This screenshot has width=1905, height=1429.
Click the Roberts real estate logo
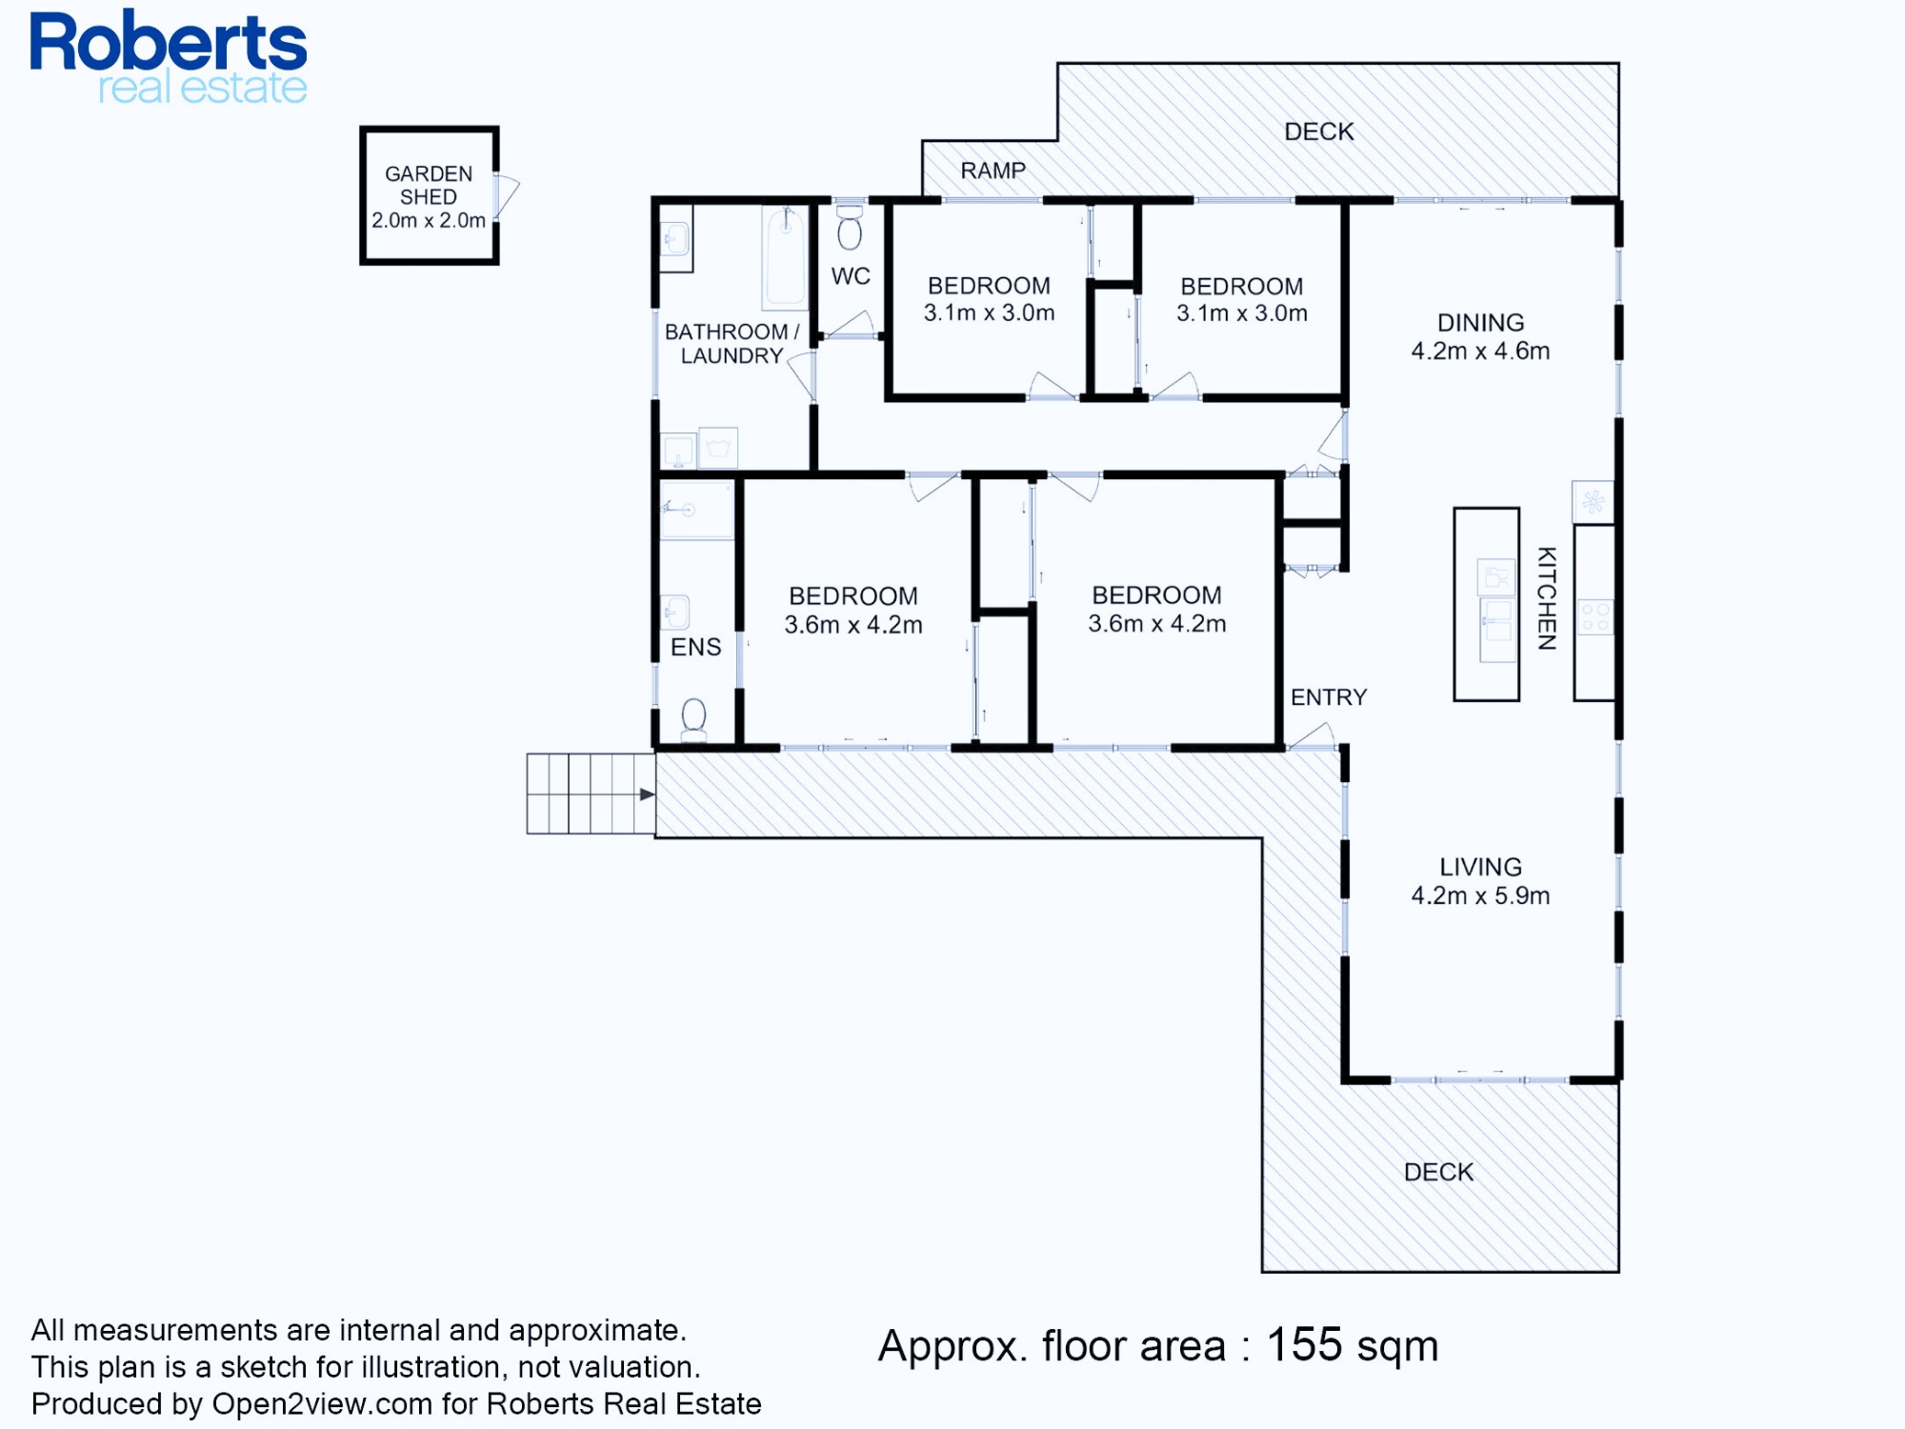click(x=169, y=57)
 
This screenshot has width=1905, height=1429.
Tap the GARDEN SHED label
click(x=429, y=185)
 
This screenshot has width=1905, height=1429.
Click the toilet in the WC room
click(x=850, y=228)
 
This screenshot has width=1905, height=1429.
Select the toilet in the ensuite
click(x=694, y=719)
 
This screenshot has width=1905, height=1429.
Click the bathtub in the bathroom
click(x=786, y=257)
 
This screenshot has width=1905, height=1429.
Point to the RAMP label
click(x=993, y=171)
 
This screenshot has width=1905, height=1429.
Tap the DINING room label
click(x=1480, y=323)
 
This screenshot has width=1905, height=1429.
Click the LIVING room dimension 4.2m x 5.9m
click(x=1480, y=896)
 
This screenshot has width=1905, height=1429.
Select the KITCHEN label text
click(x=1547, y=598)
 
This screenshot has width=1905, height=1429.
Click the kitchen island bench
click(x=1486, y=605)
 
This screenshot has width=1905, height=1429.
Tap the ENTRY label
click(x=1329, y=697)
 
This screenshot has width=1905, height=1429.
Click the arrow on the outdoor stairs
click(x=647, y=795)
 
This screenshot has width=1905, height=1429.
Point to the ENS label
click(x=695, y=648)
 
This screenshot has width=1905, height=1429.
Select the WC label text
click(x=851, y=276)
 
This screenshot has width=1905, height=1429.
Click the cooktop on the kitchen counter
click(x=1594, y=617)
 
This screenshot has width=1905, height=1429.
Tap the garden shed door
click(x=506, y=195)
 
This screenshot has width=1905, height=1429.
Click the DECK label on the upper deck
click(x=1319, y=131)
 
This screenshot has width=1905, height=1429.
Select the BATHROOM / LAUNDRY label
click(x=732, y=344)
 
